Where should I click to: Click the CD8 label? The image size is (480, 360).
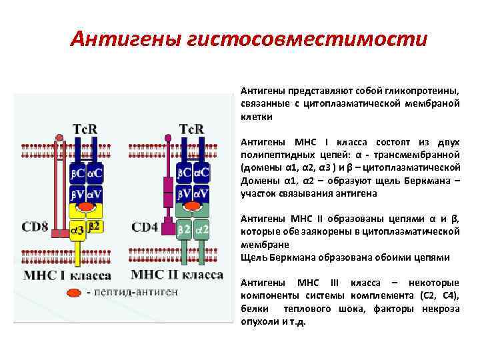pyautogui.click(x=34, y=227)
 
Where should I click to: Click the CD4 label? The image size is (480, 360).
pyautogui.click(x=145, y=227)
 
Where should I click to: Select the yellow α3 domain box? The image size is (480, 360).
pyautogui.click(x=77, y=230)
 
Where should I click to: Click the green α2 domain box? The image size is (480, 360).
pyautogui.click(x=202, y=229)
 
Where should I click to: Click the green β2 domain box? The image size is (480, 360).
pyautogui.click(x=185, y=229)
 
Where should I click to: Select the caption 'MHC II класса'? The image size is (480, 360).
pyautogui.click(x=177, y=275)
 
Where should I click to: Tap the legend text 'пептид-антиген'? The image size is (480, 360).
pyautogui.click(x=136, y=292)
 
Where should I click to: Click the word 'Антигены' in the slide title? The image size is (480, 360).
pyautogui.click(x=121, y=39)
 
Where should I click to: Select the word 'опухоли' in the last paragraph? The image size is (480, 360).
pyautogui.click(x=257, y=321)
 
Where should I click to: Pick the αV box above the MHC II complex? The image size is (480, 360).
pyautogui.click(x=202, y=195)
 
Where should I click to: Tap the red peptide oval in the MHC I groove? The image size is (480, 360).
pyautogui.click(x=85, y=209)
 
